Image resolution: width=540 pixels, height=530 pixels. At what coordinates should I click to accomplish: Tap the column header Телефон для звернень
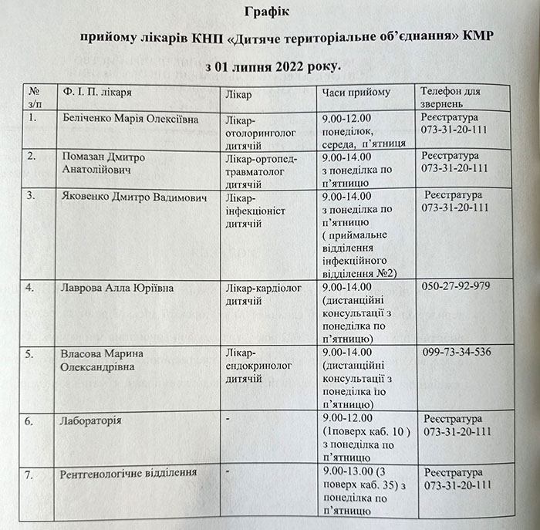(x=451, y=97)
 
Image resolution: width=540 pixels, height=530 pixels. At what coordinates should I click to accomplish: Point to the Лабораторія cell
(x=91, y=420)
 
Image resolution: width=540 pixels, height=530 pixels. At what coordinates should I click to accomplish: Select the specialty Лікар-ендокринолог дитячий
(x=258, y=366)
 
